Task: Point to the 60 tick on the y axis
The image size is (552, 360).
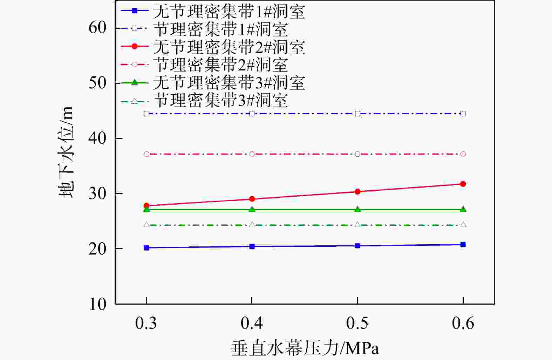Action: point(97,28)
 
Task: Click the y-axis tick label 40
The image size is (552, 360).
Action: point(97,138)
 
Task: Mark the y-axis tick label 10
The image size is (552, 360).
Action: point(97,304)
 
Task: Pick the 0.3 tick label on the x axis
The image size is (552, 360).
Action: point(146,323)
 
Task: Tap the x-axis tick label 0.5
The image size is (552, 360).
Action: point(357,323)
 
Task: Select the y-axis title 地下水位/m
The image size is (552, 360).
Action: point(66,151)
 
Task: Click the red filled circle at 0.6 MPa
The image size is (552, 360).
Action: point(463,184)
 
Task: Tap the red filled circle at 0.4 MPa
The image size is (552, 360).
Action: point(252,199)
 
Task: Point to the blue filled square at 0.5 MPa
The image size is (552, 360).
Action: point(357,246)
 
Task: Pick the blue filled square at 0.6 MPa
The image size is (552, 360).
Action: point(463,244)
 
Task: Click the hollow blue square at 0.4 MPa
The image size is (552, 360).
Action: point(252,114)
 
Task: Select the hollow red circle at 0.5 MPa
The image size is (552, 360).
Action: point(357,154)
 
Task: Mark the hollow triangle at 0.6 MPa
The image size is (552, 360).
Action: point(463,224)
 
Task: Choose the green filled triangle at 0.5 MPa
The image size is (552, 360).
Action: point(357,209)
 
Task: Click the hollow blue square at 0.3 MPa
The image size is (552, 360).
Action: point(146,114)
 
